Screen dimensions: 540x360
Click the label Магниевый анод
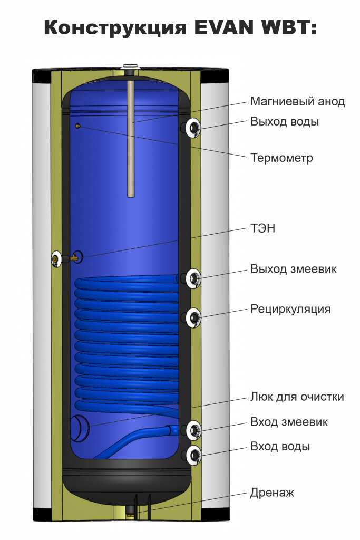point(298,102)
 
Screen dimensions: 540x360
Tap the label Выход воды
point(285,122)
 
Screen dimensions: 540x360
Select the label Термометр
point(281,158)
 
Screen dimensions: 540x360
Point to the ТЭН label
point(263,229)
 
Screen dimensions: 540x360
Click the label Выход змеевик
point(294,269)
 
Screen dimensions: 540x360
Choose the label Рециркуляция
point(290,309)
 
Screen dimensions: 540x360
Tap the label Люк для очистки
point(297,397)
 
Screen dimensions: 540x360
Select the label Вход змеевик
point(289,422)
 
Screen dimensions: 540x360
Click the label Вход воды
point(280,447)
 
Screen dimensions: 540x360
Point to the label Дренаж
point(272,493)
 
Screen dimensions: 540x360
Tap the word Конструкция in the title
point(114,27)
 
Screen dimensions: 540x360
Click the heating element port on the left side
point(57,258)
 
